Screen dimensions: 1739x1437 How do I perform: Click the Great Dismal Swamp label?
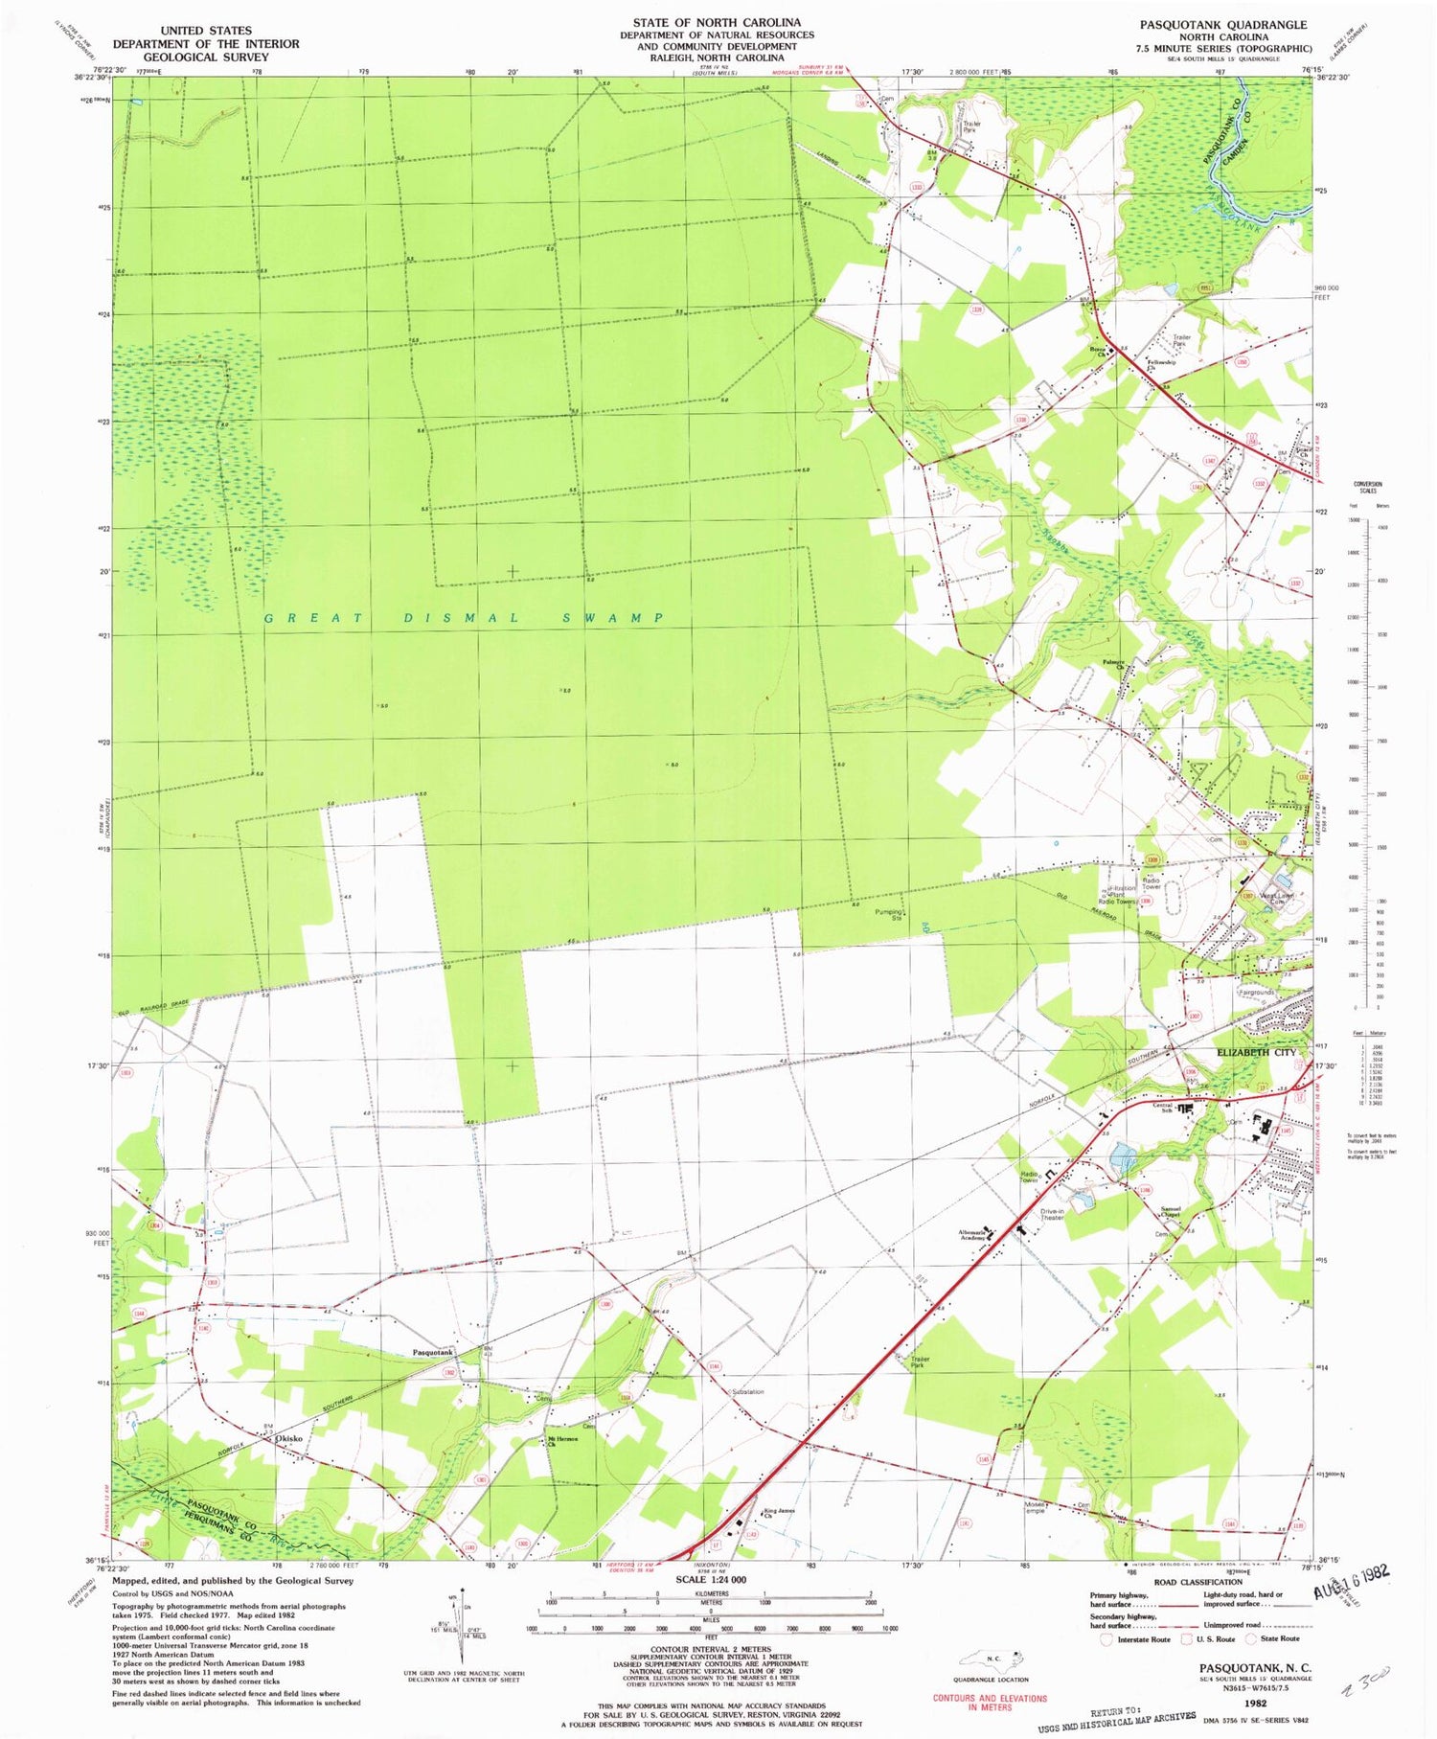(x=465, y=618)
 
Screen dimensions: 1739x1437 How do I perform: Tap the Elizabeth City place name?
(x=1256, y=1052)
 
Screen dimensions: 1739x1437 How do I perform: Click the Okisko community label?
(x=288, y=1438)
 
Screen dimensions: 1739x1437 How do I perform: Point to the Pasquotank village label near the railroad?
(x=432, y=1353)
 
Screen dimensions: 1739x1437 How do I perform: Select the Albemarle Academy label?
(x=972, y=1236)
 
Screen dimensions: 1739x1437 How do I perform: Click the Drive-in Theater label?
(x=1052, y=1214)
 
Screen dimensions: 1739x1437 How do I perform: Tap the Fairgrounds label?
(x=1258, y=993)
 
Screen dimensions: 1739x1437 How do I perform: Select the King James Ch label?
(x=779, y=1514)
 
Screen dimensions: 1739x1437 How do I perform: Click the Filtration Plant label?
(x=1122, y=891)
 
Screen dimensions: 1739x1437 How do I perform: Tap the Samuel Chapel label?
(x=1175, y=1211)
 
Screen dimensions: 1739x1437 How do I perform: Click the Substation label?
(x=747, y=1391)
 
